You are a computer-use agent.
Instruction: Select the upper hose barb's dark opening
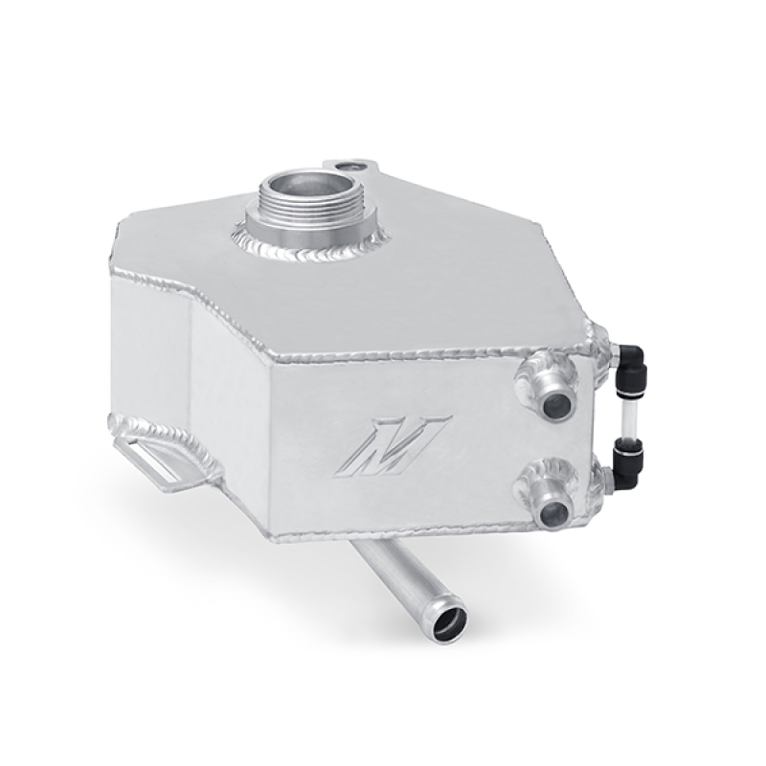(555, 404)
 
